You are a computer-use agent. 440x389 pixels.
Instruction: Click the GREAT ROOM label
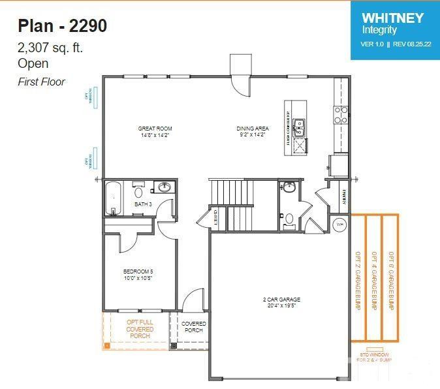tap(155, 131)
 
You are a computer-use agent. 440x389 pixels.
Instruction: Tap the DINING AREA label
tap(252, 131)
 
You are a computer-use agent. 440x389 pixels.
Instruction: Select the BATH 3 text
tap(143, 204)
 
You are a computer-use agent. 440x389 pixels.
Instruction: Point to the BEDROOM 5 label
tap(138, 274)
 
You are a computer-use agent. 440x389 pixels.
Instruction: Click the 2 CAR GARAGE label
tap(281, 302)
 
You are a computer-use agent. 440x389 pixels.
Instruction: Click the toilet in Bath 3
tap(138, 191)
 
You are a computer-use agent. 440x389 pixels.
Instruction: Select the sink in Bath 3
tap(165, 188)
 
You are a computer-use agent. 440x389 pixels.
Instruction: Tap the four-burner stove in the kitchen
tap(341, 115)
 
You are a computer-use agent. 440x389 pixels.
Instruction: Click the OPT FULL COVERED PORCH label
tap(140, 330)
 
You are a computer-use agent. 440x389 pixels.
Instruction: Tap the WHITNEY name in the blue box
tap(392, 18)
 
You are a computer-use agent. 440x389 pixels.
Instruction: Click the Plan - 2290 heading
tap(63, 26)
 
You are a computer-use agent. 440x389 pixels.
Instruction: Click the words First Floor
tap(41, 82)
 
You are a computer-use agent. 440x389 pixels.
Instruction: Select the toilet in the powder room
tap(289, 218)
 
